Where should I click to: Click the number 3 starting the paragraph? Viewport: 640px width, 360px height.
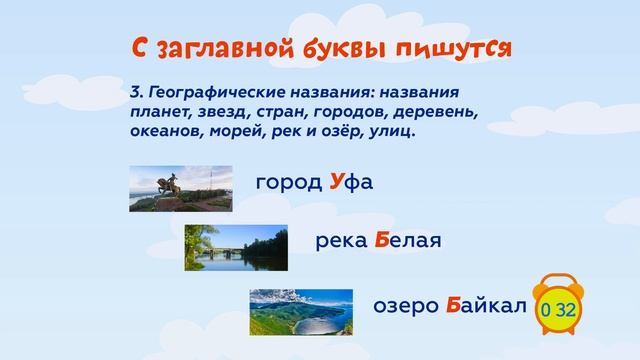tap(134, 92)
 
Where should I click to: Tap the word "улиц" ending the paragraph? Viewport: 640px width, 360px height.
tap(394, 131)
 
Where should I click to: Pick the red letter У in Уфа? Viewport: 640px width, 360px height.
tap(339, 185)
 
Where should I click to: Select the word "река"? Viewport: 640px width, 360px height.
tap(341, 242)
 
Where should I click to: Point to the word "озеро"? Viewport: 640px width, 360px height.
tap(406, 305)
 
